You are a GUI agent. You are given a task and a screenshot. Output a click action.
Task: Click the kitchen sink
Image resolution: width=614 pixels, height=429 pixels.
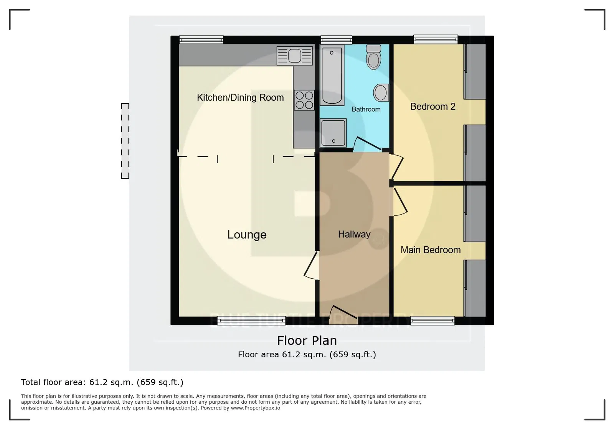[x=295, y=56]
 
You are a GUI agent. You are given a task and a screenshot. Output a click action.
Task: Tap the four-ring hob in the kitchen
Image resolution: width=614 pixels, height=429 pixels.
[x=304, y=100]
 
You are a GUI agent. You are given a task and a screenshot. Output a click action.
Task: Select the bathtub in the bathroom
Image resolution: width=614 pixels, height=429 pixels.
[x=332, y=75]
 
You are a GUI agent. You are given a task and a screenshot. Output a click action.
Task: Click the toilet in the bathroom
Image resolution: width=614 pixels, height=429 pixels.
[x=374, y=57]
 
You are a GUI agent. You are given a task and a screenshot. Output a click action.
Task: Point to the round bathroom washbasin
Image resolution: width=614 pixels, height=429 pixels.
[x=381, y=93]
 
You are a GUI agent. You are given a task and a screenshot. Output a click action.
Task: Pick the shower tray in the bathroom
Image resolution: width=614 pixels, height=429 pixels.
[x=333, y=133]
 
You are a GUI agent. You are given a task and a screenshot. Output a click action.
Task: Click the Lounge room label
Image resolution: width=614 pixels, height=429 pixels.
[x=247, y=235]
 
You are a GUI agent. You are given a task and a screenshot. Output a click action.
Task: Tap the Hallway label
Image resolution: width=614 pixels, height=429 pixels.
[x=354, y=234]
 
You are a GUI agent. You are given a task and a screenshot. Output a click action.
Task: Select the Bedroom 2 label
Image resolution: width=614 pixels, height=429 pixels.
[x=433, y=107]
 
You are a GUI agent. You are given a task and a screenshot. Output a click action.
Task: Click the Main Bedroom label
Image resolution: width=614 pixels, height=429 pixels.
[x=430, y=250]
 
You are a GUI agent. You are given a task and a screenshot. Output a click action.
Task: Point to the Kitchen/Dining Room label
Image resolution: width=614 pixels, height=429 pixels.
[x=240, y=97]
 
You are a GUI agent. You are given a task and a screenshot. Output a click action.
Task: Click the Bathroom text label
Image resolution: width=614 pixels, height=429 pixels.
[x=366, y=109]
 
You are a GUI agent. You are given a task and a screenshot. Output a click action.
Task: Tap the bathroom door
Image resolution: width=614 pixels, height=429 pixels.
[x=368, y=143]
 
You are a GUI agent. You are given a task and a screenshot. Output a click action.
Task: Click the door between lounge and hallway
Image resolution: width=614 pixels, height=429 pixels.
[x=312, y=265]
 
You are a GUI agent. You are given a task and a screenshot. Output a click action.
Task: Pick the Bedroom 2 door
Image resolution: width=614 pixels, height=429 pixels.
[x=396, y=167]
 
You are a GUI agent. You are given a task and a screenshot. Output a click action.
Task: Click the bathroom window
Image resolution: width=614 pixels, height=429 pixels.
[x=336, y=40]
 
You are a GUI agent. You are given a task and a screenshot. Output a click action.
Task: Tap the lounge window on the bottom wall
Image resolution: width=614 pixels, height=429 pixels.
[x=251, y=321]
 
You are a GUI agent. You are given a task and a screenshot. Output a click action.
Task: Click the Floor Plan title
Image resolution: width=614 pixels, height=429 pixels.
[x=307, y=340]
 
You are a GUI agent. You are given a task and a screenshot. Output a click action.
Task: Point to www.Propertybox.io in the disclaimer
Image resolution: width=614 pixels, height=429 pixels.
[x=256, y=408]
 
